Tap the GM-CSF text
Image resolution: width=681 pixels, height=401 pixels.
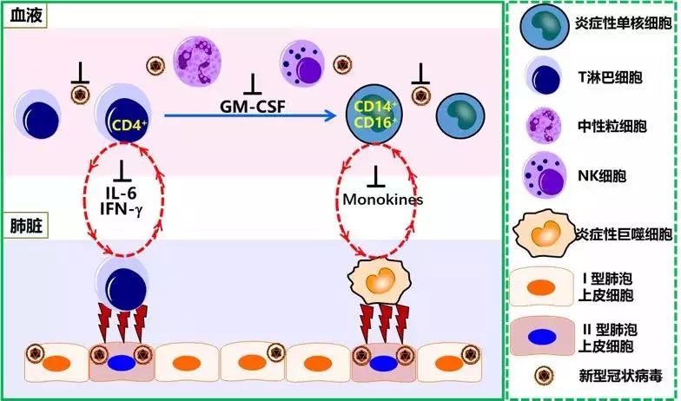click(x=253, y=107)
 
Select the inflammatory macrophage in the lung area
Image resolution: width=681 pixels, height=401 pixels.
click(x=380, y=280)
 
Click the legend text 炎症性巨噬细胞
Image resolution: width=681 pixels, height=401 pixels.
click(x=624, y=234)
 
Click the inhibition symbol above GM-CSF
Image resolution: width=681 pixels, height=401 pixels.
click(x=253, y=84)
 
